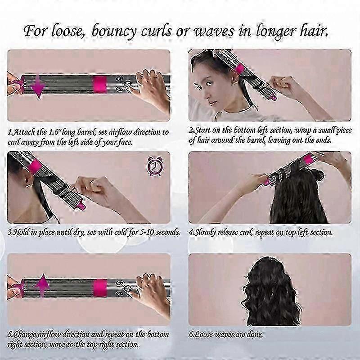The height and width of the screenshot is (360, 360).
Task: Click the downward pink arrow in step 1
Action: click(38, 86)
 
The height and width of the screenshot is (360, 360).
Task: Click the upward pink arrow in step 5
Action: click(42, 285)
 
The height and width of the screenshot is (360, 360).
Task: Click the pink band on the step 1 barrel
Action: click(100, 84)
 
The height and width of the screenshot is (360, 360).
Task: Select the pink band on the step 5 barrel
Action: click(100, 288)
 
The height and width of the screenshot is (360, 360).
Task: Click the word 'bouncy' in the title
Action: click(114, 31)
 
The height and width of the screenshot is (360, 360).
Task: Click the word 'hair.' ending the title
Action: click(313, 31)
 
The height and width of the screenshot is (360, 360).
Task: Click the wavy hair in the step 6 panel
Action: click(271, 292)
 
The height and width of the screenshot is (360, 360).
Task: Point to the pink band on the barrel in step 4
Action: click(308, 159)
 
